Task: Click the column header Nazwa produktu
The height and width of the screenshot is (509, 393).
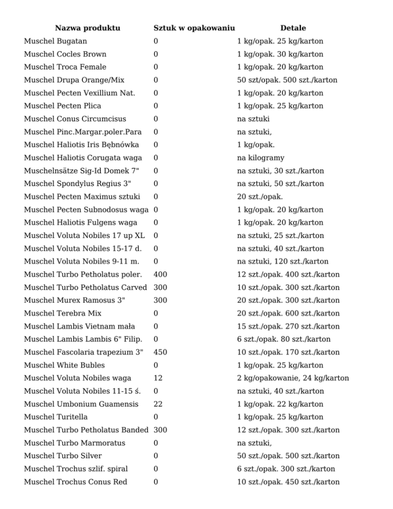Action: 88,28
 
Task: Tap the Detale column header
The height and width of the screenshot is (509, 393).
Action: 293,28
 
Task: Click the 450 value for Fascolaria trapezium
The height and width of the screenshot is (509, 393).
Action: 160,352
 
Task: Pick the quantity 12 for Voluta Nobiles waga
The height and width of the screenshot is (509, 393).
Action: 158,378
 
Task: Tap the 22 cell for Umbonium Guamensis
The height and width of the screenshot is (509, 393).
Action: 158,404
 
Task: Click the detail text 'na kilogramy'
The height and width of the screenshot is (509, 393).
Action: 260,158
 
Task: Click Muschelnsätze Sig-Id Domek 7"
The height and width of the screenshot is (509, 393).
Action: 79,171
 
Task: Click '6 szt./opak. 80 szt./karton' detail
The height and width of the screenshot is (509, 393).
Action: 283,339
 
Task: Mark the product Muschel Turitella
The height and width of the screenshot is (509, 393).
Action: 57,417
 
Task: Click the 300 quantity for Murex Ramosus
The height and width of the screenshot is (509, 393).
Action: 160,300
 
